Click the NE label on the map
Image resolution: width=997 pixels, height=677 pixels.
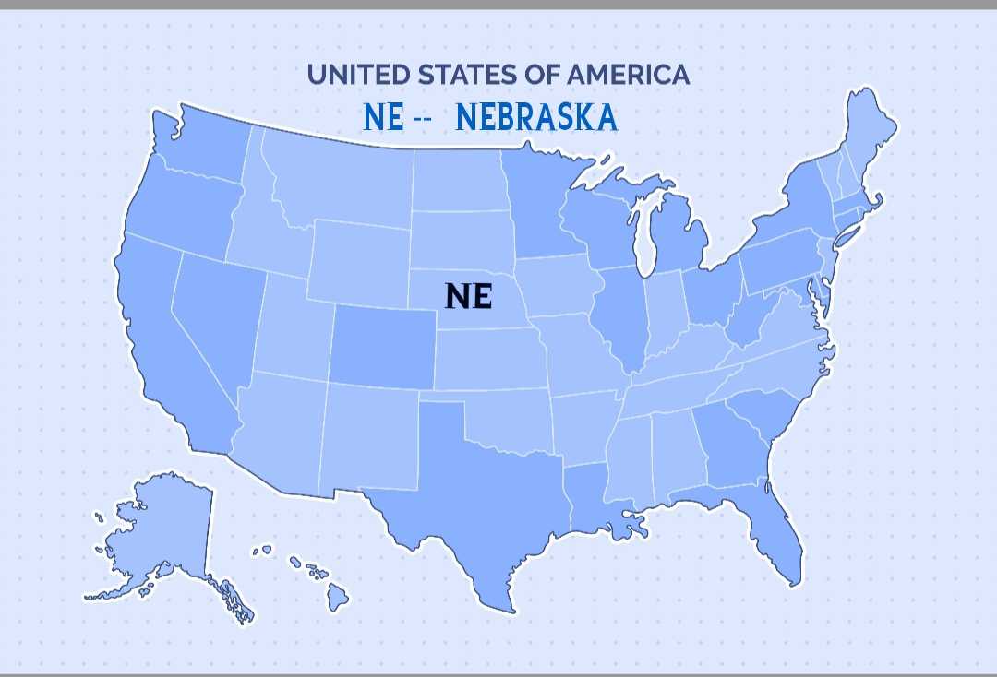click(x=469, y=296)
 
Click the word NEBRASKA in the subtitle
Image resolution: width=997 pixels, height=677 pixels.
click(x=536, y=118)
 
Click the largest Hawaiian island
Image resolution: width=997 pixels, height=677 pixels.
click(x=337, y=598)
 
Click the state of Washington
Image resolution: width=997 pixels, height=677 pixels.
click(x=203, y=148)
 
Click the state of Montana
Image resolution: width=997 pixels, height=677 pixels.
click(x=342, y=180)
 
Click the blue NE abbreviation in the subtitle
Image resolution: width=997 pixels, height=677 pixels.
click(x=383, y=118)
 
